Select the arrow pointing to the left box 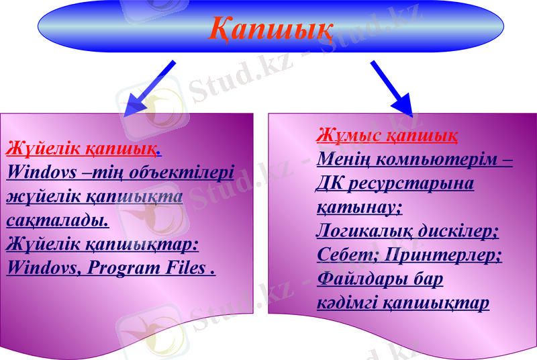click(x=151, y=87)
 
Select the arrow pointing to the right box click(x=392, y=87)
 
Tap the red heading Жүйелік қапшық click(x=82, y=146)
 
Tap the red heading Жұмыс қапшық click(x=387, y=136)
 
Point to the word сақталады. click(x=58, y=219)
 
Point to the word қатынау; click(x=359, y=208)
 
